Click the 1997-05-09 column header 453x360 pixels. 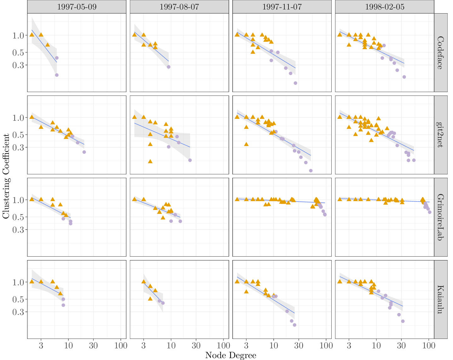[77, 7]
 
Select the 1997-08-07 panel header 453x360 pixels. [179, 7]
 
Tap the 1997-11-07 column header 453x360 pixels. [282, 7]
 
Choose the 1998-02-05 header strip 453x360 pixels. [385, 7]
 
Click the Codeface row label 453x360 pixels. [441, 53]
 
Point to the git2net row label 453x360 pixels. [441, 135]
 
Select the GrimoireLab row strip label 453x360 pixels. [441, 217]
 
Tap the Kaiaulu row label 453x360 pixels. [441, 299]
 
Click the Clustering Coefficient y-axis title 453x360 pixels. [6, 176]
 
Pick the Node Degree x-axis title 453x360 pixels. [230, 355]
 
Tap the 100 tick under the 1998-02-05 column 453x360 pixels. [429, 345]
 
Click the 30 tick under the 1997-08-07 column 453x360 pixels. [196, 345]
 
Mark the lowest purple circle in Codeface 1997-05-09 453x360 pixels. [57, 75]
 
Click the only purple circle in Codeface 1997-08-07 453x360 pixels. [169, 67]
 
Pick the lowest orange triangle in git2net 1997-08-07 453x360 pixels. [150, 161]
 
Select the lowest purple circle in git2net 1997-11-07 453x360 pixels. [311, 171]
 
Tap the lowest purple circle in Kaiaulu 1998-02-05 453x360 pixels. [403, 321]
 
